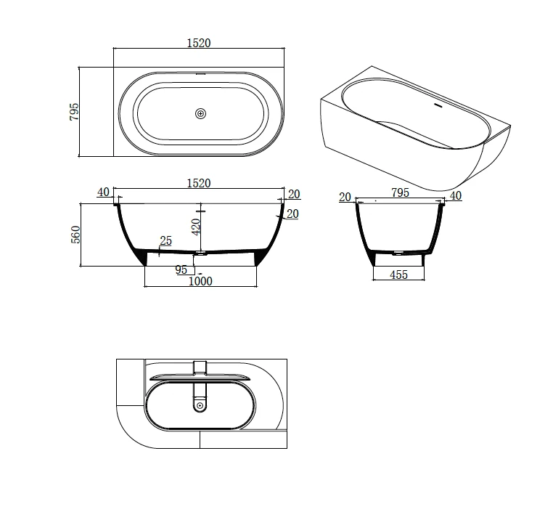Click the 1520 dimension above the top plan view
pyautogui.click(x=198, y=43)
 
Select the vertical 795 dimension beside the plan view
pyautogui.click(x=73, y=112)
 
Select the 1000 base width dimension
pyautogui.click(x=200, y=280)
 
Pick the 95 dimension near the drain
pyautogui.click(x=181, y=269)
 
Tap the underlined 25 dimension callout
pyautogui.click(x=165, y=241)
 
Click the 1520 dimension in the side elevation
pyautogui.click(x=198, y=184)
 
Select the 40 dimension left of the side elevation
pyautogui.click(x=102, y=192)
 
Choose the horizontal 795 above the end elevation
pyautogui.click(x=400, y=193)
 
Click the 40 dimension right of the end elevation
pyautogui.click(x=455, y=195)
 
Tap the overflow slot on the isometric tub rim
pyautogui.click(x=437, y=103)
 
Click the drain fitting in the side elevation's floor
pyautogui.click(x=201, y=253)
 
